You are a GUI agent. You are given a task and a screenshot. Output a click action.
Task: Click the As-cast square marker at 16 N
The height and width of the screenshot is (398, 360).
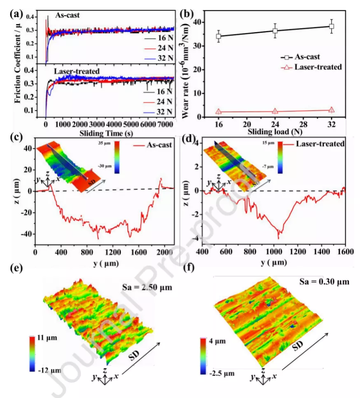(x=218, y=36)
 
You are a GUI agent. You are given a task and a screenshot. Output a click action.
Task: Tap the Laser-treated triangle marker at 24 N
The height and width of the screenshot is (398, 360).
(x=275, y=111)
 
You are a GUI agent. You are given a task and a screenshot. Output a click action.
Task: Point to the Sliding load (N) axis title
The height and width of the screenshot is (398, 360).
(x=273, y=132)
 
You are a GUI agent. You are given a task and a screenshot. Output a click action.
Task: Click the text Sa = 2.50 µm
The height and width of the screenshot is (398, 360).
(x=147, y=286)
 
